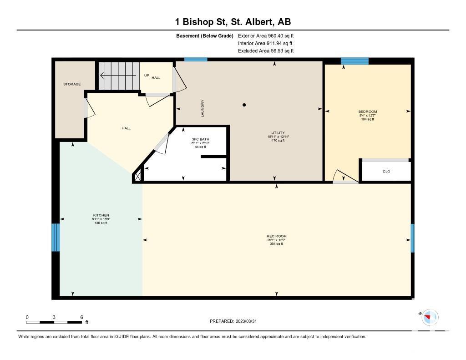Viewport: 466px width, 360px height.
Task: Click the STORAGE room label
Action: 72,84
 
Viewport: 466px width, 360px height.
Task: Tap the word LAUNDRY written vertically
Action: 203,108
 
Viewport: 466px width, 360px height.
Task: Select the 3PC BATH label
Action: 201,139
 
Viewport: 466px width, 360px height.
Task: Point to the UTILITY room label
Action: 278,133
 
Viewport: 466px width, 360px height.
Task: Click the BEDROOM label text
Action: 368,112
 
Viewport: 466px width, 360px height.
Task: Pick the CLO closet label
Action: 386,172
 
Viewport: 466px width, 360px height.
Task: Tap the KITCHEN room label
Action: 101,215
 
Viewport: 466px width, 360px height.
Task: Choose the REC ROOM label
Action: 277,236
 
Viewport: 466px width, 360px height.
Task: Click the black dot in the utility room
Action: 244,105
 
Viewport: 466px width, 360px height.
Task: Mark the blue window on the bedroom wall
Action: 355,61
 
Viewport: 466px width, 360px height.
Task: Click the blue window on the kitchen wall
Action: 56,238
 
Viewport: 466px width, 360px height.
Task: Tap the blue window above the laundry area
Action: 196,60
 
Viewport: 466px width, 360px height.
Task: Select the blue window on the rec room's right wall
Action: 412,238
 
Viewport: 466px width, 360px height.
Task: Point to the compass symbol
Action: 430,317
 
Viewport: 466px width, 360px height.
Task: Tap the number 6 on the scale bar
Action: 82,317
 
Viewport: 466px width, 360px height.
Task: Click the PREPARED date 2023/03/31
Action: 246,321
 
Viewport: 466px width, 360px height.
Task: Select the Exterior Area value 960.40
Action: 275,35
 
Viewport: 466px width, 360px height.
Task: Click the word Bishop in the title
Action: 198,22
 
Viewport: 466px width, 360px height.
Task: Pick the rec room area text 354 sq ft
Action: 276,244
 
